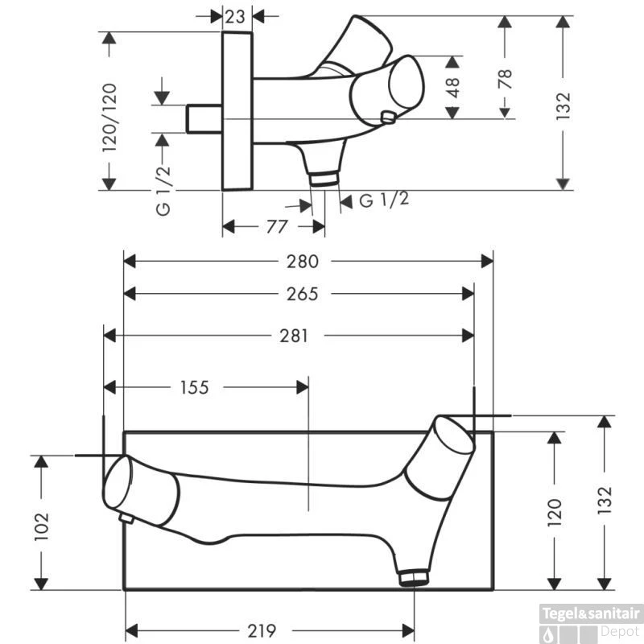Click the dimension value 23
[x=235, y=17]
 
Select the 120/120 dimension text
[x=109, y=118]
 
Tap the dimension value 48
[x=452, y=88]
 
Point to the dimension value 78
[x=506, y=79]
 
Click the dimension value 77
[x=277, y=226]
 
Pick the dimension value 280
[x=303, y=261]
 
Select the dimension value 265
[x=303, y=294]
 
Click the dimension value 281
[x=294, y=336]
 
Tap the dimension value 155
[x=195, y=387]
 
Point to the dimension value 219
[x=262, y=630]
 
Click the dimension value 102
[x=42, y=526]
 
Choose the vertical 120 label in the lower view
[x=555, y=512]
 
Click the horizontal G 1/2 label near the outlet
[x=384, y=200]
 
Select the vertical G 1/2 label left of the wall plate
[x=163, y=191]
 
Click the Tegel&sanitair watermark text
[x=591, y=614]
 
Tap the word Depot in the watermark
[x=620, y=631]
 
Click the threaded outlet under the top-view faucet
[x=324, y=179]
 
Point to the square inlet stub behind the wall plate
[x=204, y=119]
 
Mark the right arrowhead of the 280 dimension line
[x=487, y=261]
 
